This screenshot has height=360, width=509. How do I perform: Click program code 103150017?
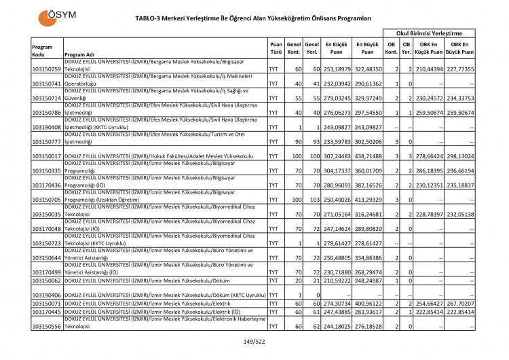[47, 156]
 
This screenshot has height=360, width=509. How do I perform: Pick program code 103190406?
[47, 295]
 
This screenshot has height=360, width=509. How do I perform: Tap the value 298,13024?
[459, 156]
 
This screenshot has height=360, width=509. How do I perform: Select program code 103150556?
[47, 327]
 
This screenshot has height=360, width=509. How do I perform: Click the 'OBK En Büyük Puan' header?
[460, 47]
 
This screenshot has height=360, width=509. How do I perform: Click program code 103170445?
[47, 311]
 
